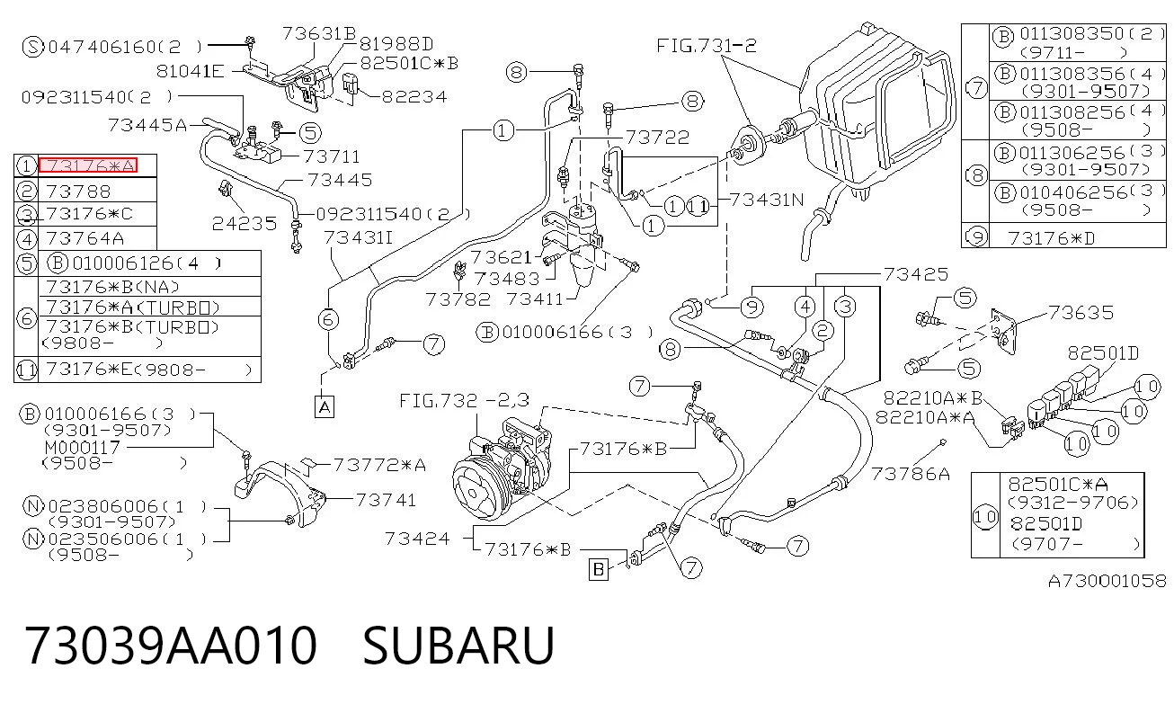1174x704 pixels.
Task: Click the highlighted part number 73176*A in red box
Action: pos(87,165)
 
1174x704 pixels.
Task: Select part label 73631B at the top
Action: pos(319,33)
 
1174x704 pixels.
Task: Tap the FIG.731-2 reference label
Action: pos(707,46)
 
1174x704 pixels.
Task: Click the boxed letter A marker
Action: pos(325,406)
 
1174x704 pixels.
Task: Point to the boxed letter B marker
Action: pos(599,569)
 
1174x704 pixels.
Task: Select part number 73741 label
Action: pos(386,500)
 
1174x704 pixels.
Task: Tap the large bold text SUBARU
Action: pos(458,646)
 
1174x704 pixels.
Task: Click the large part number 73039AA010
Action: pos(171,646)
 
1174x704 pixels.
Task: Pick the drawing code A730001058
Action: pos(1107,581)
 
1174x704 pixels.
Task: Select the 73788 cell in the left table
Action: pos(78,192)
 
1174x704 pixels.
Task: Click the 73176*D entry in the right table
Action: pos(1052,238)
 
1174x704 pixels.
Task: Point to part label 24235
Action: pos(245,224)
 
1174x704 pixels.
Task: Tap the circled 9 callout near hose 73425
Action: pos(752,307)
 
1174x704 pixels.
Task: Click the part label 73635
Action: pos(1081,313)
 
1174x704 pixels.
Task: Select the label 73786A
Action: pos(911,474)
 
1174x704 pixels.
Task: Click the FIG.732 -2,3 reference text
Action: pos(465,401)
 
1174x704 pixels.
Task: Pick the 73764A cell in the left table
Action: pos(84,238)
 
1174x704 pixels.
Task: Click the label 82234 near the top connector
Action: pos(414,97)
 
